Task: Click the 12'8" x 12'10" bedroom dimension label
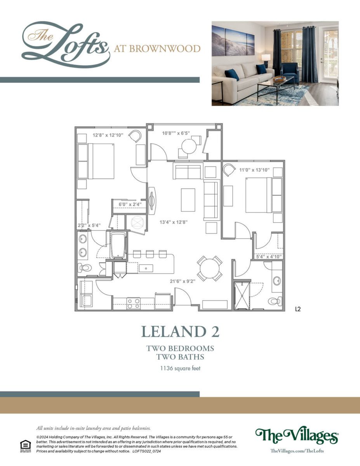(x=108, y=135)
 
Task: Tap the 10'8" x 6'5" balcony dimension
(x=176, y=133)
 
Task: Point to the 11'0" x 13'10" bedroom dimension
(x=254, y=170)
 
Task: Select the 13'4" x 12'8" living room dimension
(x=174, y=222)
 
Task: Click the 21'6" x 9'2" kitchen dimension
(x=183, y=281)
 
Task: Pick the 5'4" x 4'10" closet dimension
(x=269, y=256)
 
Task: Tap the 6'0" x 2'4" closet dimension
(x=130, y=204)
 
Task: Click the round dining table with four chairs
(x=210, y=268)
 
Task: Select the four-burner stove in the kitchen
(x=133, y=303)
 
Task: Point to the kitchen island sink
(x=146, y=268)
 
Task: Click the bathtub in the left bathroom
(x=118, y=245)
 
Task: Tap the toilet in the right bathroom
(x=275, y=301)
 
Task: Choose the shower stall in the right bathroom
(x=242, y=296)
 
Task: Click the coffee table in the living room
(x=188, y=200)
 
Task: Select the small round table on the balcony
(x=189, y=146)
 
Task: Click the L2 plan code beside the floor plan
(x=298, y=309)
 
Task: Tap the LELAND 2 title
(x=180, y=332)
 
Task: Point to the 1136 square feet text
(x=180, y=369)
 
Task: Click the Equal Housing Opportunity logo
(x=26, y=446)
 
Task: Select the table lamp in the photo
(x=266, y=60)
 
